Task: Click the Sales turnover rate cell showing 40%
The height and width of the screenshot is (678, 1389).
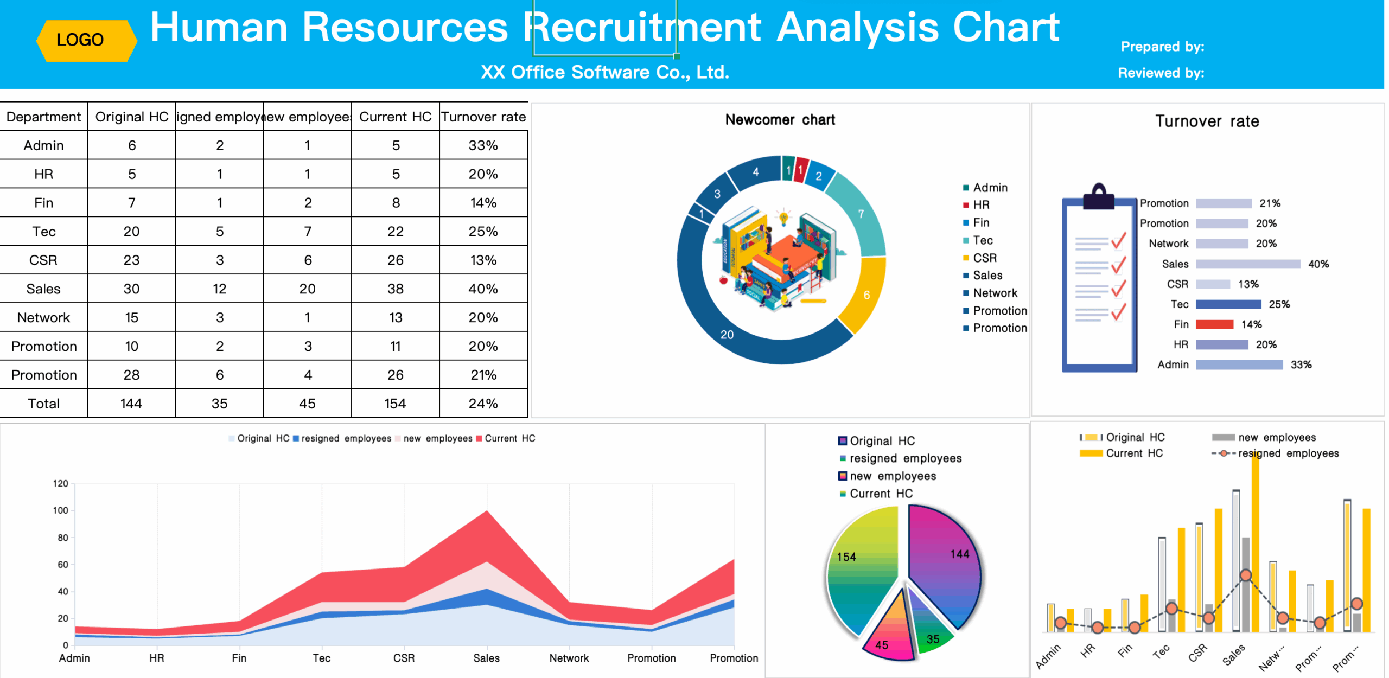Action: (x=483, y=289)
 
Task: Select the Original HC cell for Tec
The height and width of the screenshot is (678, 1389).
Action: (x=131, y=232)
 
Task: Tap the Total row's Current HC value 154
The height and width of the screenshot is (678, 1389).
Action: (x=395, y=404)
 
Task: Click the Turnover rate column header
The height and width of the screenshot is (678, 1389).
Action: (x=483, y=117)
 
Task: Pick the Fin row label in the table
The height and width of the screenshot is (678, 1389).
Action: (x=43, y=203)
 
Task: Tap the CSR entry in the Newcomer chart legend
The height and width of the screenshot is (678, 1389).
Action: (x=984, y=258)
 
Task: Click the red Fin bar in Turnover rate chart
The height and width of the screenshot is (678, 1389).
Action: (x=1214, y=324)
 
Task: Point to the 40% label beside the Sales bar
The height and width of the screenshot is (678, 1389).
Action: (x=1318, y=264)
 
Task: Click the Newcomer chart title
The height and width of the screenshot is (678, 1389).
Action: (x=780, y=120)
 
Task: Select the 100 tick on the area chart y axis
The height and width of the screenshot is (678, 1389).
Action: (x=61, y=510)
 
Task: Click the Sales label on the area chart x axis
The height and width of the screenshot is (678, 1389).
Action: (x=486, y=658)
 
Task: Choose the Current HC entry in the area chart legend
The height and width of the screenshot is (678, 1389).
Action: (x=509, y=438)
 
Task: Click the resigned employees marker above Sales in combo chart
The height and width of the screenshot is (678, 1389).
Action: (x=1246, y=575)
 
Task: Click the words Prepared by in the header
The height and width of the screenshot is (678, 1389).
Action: (x=1162, y=47)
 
